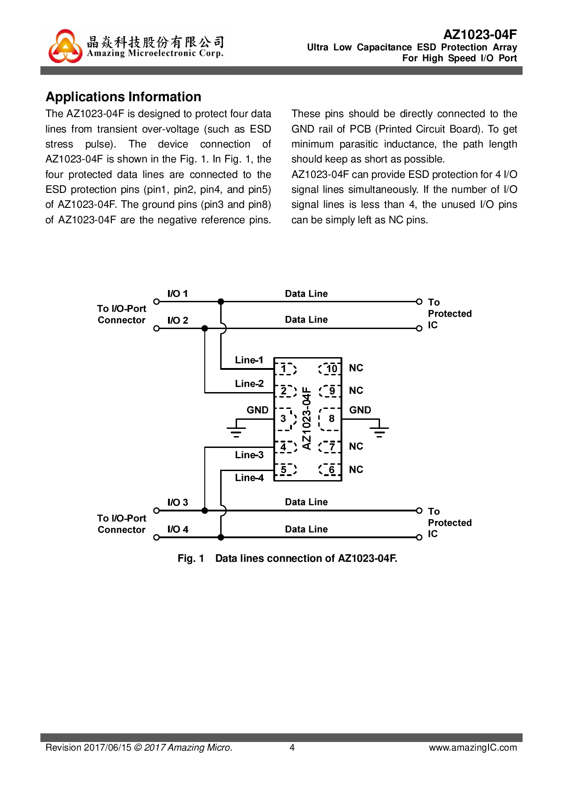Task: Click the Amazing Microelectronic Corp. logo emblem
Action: pos(65,46)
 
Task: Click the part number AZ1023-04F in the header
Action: pos(480,34)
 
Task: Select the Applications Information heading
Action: pos(123,97)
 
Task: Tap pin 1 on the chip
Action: pos(285,369)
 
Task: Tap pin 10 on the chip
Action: pos(331,369)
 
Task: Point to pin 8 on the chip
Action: pos(331,418)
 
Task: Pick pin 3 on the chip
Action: pos(284,418)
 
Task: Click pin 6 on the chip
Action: pos(331,470)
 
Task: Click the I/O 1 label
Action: pos(178,294)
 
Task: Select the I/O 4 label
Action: pos(178,529)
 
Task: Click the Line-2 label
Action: pos(249,383)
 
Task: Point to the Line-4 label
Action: pos(249,477)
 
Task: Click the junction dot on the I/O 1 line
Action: pos(221,302)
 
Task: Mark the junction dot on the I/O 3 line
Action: pos(205,511)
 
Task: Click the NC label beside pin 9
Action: pos(356,390)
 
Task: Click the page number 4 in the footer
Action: pos(292,747)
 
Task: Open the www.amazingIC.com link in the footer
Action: pos(473,747)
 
